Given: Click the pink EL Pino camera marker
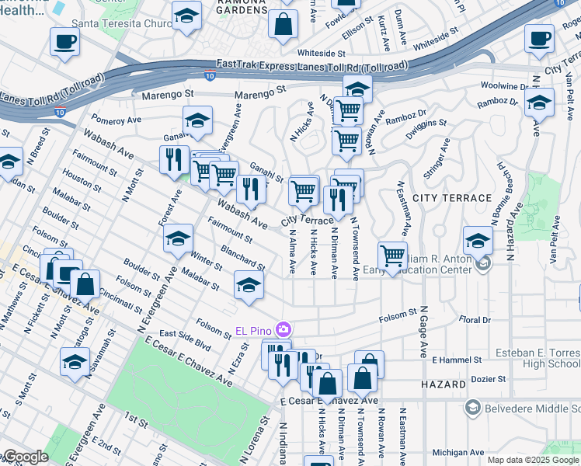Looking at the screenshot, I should [284, 330].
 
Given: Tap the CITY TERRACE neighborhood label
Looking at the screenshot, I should [452, 198].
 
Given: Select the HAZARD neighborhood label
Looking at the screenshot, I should [442, 384].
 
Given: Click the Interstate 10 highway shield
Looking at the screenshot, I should [210, 76].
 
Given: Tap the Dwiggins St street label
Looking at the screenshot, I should [426, 122].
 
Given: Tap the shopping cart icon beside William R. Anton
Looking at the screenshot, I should [393, 256].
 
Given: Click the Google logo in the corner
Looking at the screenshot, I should [26, 457].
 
